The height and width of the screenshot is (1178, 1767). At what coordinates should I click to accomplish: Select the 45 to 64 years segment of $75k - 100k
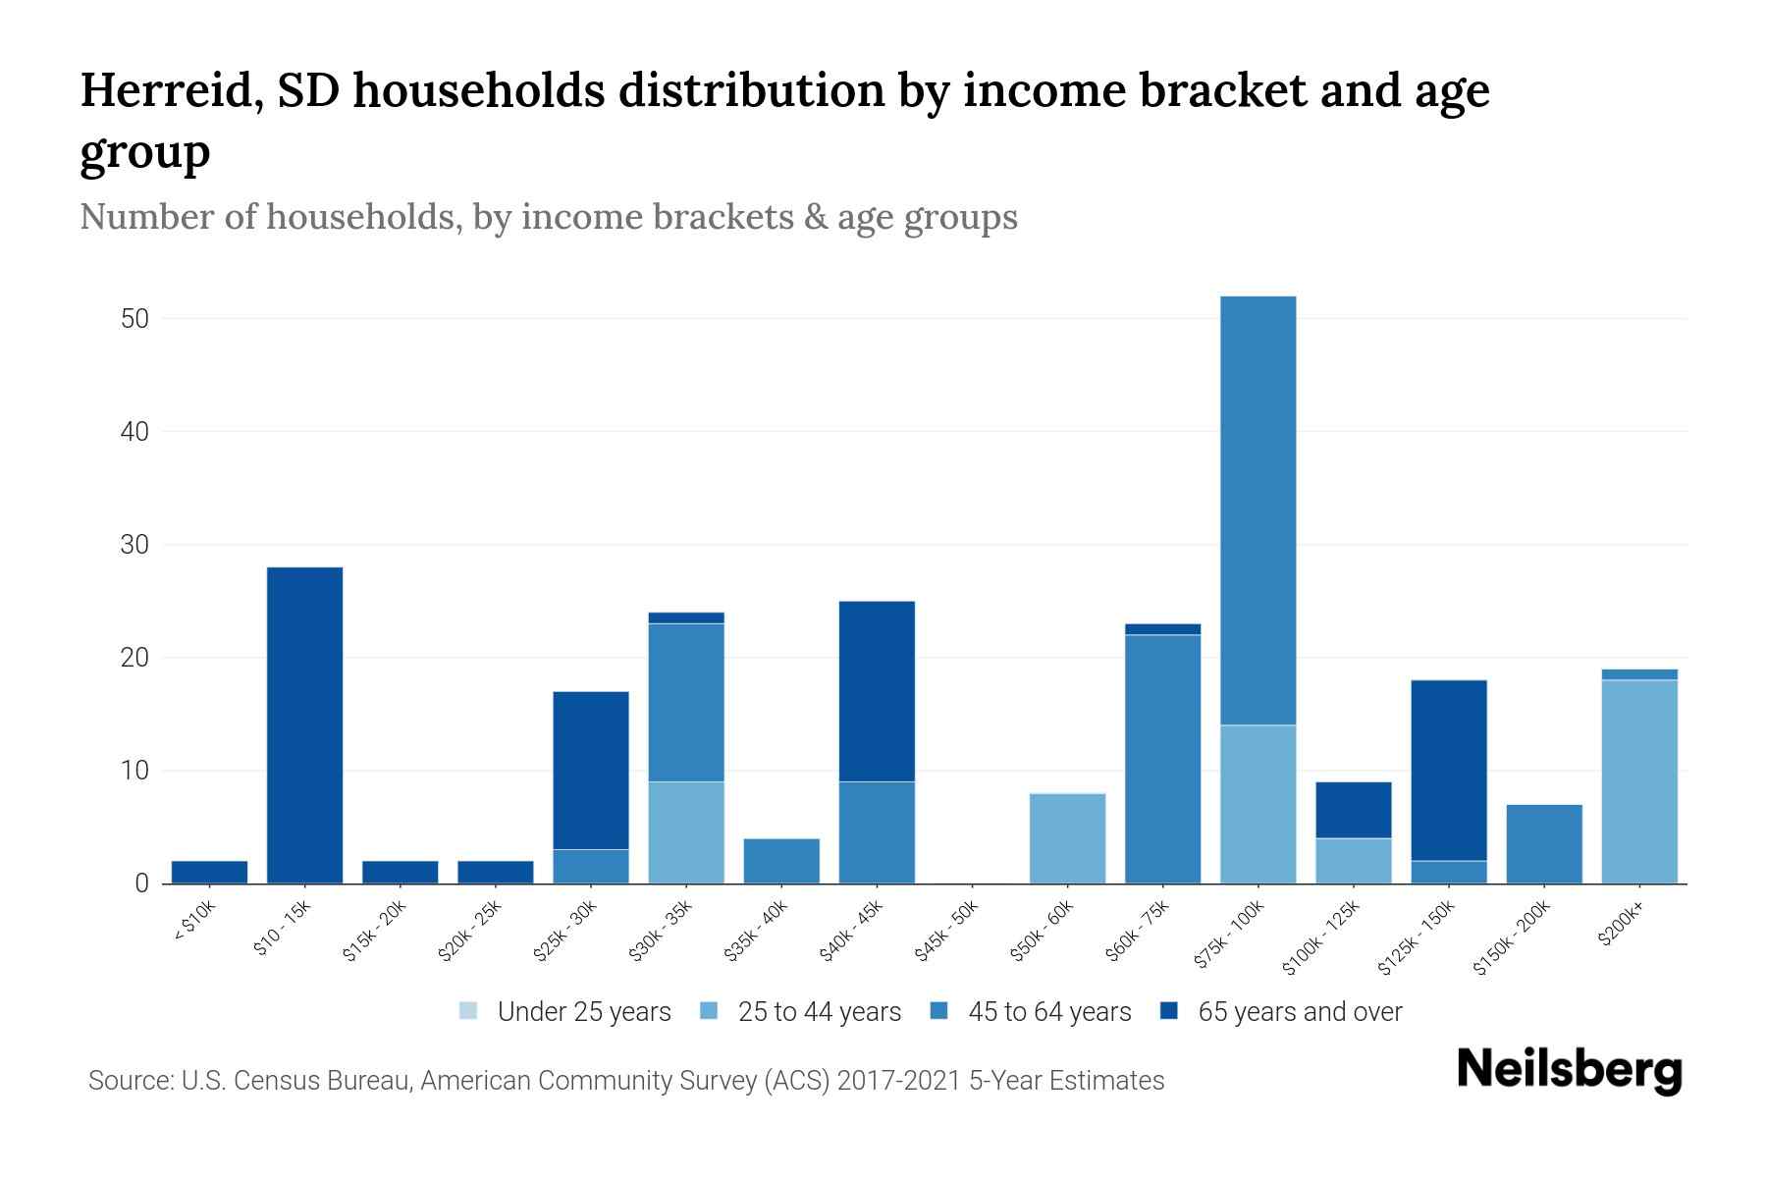(1258, 510)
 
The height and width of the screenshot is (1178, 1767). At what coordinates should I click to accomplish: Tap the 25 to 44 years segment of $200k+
(1638, 781)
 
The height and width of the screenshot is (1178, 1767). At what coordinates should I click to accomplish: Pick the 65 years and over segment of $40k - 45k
(877, 691)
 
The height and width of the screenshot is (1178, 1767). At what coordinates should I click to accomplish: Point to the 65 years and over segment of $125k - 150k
(1448, 770)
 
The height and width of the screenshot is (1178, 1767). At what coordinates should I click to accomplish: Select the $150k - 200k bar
(1543, 843)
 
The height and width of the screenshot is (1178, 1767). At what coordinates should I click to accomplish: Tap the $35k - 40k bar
(781, 860)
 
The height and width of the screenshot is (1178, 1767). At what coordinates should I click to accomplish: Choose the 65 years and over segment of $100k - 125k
(1353, 810)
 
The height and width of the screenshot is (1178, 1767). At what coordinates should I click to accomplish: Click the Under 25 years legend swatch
(468, 1010)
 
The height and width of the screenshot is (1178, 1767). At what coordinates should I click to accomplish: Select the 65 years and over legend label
(1300, 1011)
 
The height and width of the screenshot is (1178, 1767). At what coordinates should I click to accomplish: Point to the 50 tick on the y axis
(134, 319)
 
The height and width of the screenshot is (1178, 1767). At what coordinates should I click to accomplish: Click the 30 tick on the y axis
(134, 545)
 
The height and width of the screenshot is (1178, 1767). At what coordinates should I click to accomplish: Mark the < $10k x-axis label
(194, 924)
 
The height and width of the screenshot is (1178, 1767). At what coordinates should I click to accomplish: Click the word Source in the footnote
(129, 1081)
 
